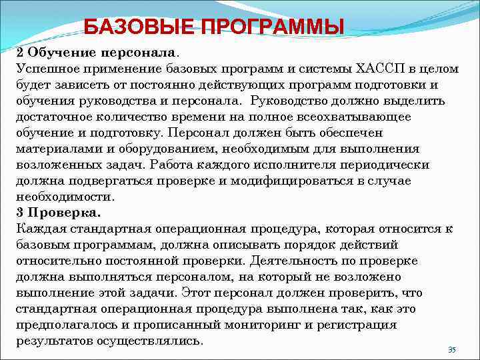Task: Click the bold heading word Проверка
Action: (x=65, y=213)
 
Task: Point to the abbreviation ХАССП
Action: (x=374, y=69)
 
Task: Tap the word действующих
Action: (x=229, y=85)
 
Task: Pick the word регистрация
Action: (x=358, y=325)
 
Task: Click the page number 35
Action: (x=451, y=350)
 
